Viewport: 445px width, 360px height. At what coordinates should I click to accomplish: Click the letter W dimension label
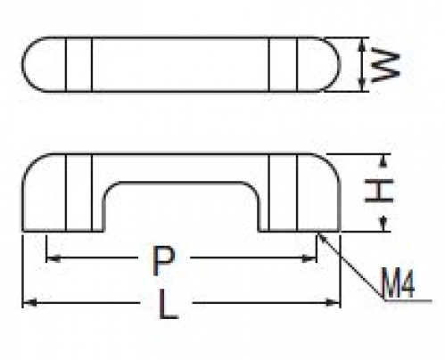point(385,65)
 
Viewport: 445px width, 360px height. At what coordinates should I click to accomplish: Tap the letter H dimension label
point(379,191)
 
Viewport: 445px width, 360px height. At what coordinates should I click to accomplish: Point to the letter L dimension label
point(169,304)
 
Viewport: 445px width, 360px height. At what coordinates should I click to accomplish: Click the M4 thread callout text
point(399,282)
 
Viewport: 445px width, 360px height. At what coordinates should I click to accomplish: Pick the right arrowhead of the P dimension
point(309,258)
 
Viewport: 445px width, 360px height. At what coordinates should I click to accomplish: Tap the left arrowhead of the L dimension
point(29,303)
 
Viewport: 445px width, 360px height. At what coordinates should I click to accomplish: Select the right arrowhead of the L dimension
point(333,303)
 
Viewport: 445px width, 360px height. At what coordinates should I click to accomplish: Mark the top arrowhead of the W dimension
point(361,45)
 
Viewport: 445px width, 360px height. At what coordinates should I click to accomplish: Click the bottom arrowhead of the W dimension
point(361,84)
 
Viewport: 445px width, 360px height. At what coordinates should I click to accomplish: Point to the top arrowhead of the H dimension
point(384,161)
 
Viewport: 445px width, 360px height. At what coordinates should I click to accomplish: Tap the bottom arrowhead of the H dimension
point(384,224)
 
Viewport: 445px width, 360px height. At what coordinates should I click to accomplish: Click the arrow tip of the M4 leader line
point(318,233)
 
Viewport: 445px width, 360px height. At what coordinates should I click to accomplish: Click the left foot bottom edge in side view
point(63,231)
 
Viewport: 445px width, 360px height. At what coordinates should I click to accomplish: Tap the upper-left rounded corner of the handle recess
point(109,189)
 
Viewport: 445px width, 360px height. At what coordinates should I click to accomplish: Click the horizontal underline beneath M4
point(408,300)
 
